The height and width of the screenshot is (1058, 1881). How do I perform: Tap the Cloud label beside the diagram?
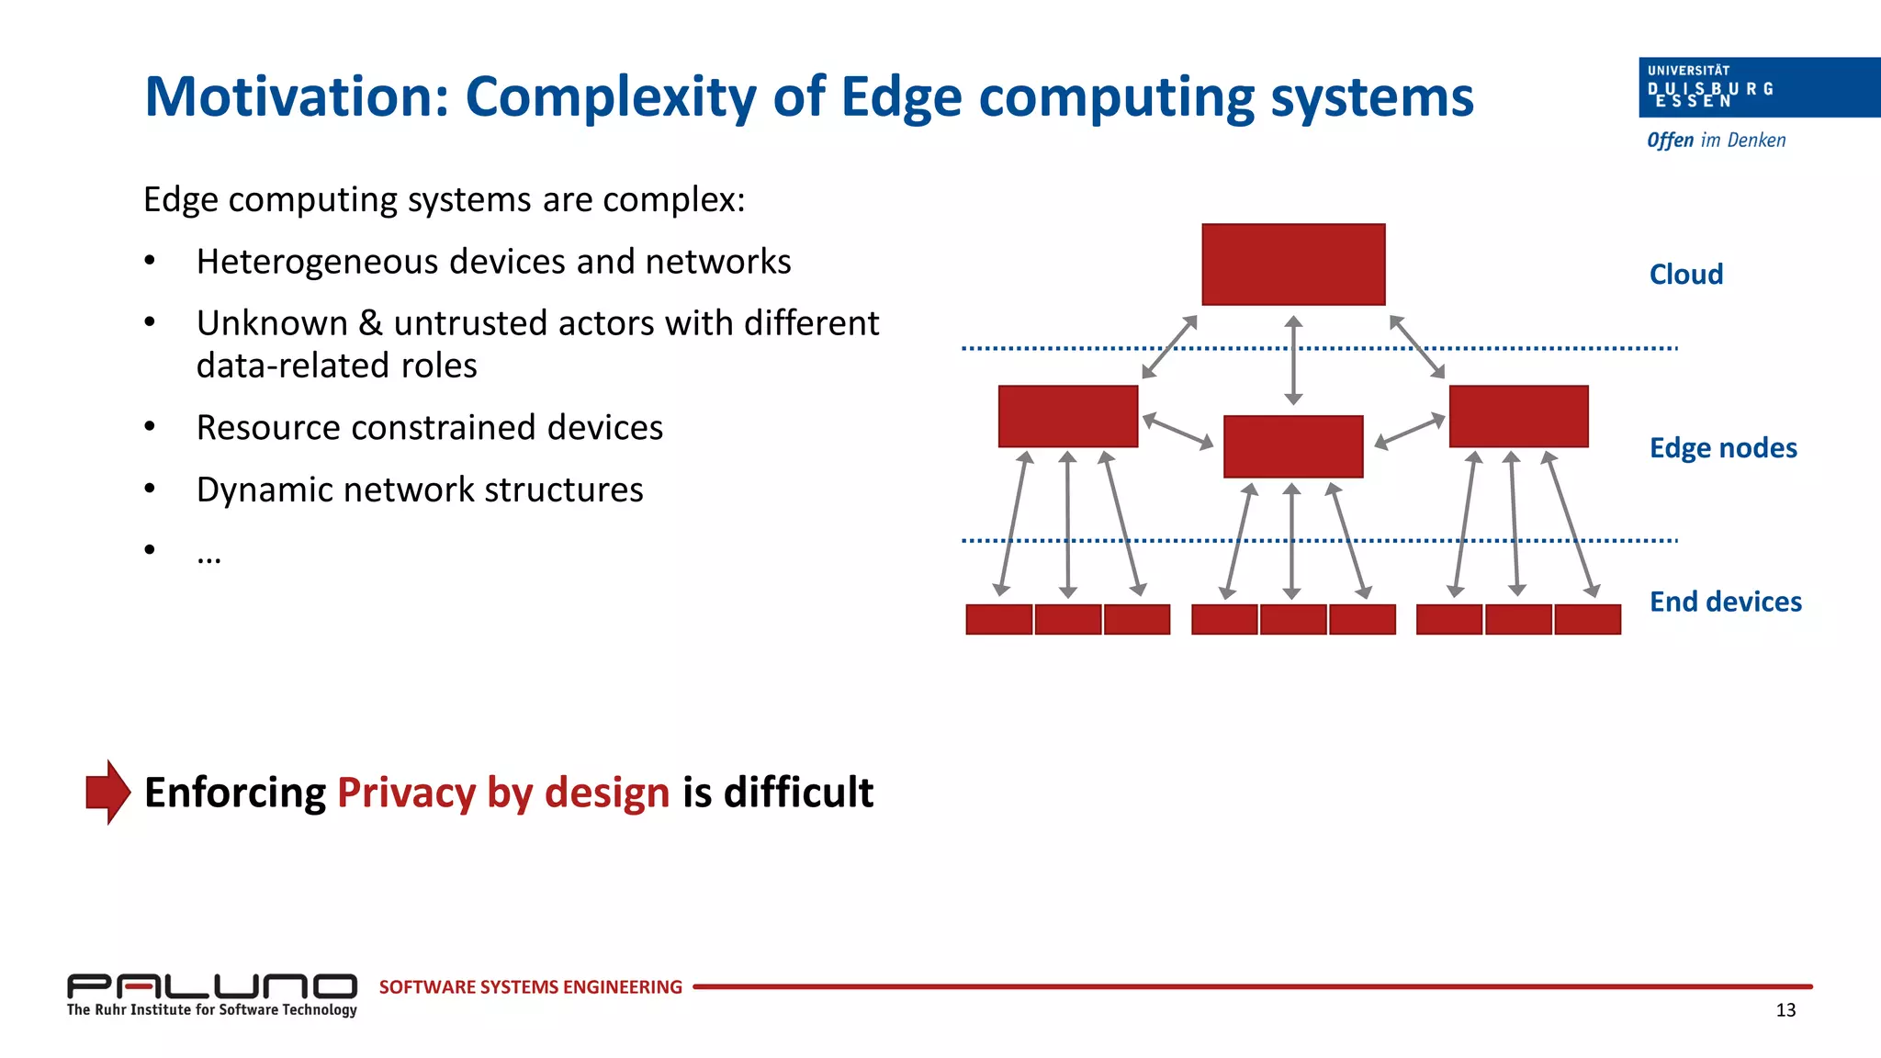click(1685, 275)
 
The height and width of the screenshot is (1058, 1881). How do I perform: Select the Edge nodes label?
click(1722, 448)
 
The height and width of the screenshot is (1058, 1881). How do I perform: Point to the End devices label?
click(1725, 602)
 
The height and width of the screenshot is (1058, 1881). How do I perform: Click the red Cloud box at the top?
click(1292, 264)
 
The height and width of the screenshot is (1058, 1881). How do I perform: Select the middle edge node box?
click(1292, 446)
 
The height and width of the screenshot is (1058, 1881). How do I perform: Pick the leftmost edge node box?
click(1067, 416)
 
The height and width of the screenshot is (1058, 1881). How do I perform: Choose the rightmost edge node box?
click(1518, 416)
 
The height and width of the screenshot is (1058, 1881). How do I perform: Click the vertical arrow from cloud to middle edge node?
click(1293, 360)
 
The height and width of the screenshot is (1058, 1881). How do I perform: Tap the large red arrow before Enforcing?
click(107, 792)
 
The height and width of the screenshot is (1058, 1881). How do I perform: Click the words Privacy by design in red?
click(503, 793)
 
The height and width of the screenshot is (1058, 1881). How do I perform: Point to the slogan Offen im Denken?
click(1716, 141)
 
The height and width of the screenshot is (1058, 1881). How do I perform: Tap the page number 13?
click(1785, 1010)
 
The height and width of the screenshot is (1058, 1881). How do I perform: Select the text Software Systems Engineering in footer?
click(530, 987)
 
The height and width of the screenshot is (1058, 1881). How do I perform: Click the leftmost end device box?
click(998, 619)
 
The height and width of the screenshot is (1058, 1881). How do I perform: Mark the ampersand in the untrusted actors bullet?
click(370, 323)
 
